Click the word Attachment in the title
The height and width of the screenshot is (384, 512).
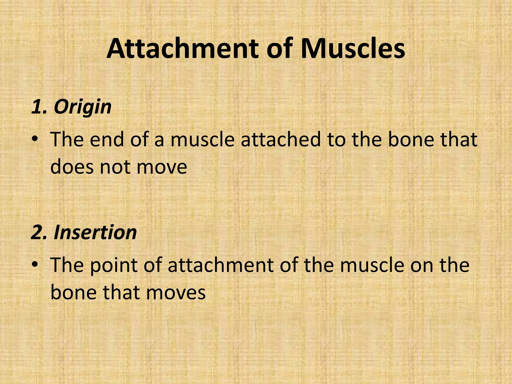tap(184, 49)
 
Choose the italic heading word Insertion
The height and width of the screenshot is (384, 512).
tap(95, 232)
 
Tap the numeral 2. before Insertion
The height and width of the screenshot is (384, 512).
tap(40, 232)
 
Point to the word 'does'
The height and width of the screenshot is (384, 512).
tap(72, 167)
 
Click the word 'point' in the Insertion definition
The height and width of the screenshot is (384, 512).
tap(113, 265)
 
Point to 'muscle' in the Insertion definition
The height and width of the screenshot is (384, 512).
tap(372, 265)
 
